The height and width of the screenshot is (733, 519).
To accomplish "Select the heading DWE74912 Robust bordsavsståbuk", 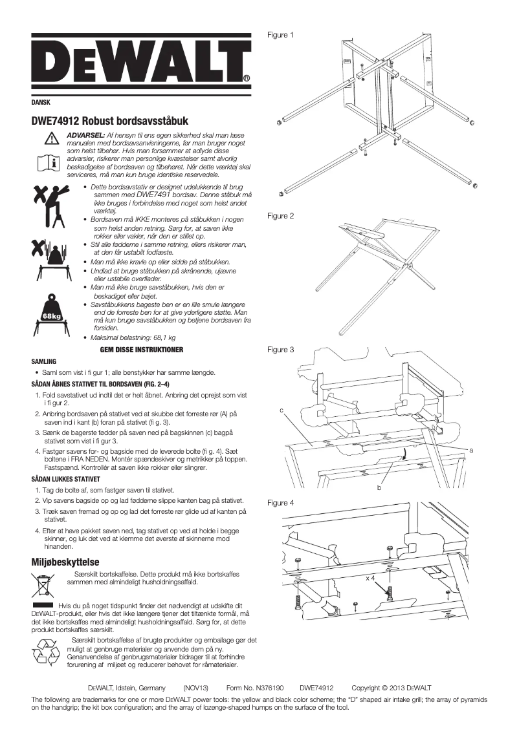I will (109, 121).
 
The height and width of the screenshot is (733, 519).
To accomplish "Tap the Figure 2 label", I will (281, 216).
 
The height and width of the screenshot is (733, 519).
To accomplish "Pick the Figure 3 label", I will (281, 350).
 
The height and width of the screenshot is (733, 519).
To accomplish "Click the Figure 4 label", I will (281, 502).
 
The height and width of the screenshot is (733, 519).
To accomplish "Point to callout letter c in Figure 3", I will (282, 410).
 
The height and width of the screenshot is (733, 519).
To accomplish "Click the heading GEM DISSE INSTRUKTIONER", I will (142, 350).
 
